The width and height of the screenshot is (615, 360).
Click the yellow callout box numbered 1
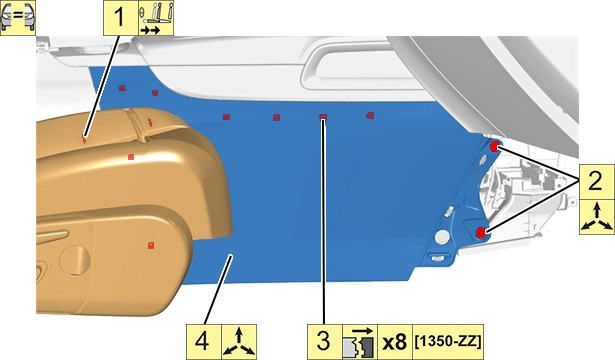pos(120,18)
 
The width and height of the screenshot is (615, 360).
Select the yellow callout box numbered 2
pos(597,182)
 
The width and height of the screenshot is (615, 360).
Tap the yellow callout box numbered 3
pos(324,342)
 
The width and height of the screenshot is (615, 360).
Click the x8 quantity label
pos(395,342)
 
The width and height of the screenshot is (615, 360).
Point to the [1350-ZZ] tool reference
pos(448,342)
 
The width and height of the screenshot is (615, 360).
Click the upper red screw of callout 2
pos(495,146)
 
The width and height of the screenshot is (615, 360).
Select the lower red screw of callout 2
pos(481,233)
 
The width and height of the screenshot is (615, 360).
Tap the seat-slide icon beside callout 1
pos(156,18)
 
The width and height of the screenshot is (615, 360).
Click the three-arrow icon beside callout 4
pos(239,342)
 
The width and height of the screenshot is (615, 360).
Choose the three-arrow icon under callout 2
pos(597,217)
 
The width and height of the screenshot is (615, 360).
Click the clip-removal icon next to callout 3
pos(360,342)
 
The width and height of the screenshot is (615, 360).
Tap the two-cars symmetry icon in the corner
pos(18,18)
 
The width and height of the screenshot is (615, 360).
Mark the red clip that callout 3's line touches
pos(323,117)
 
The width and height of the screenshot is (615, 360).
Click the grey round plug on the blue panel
pos(443,237)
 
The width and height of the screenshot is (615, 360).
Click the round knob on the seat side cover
pos(75,260)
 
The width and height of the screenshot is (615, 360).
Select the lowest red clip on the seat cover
pos(151,245)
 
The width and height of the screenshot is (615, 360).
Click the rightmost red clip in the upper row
pos(370,116)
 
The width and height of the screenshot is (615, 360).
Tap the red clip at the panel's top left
pos(122,88)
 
